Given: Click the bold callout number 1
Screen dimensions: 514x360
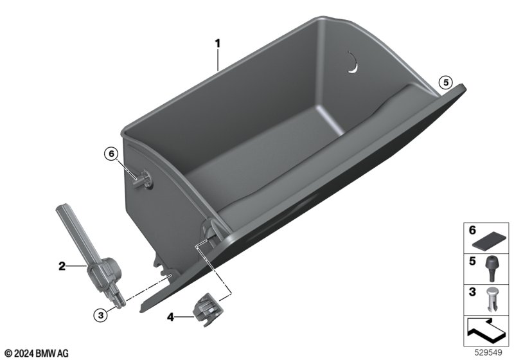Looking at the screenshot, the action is tap(218, 43).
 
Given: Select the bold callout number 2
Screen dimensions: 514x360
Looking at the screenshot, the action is tap(62, 266).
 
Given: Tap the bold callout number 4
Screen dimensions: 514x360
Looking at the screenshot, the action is tap(170, 317).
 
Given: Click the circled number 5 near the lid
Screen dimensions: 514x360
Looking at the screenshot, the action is tap(446, 83).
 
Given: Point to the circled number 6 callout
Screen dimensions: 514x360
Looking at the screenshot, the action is tap(111, 154).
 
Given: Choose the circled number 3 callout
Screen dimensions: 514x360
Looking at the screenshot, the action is tap(101, 316).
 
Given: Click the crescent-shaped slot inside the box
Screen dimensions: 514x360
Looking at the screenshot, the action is tap(353, 62).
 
